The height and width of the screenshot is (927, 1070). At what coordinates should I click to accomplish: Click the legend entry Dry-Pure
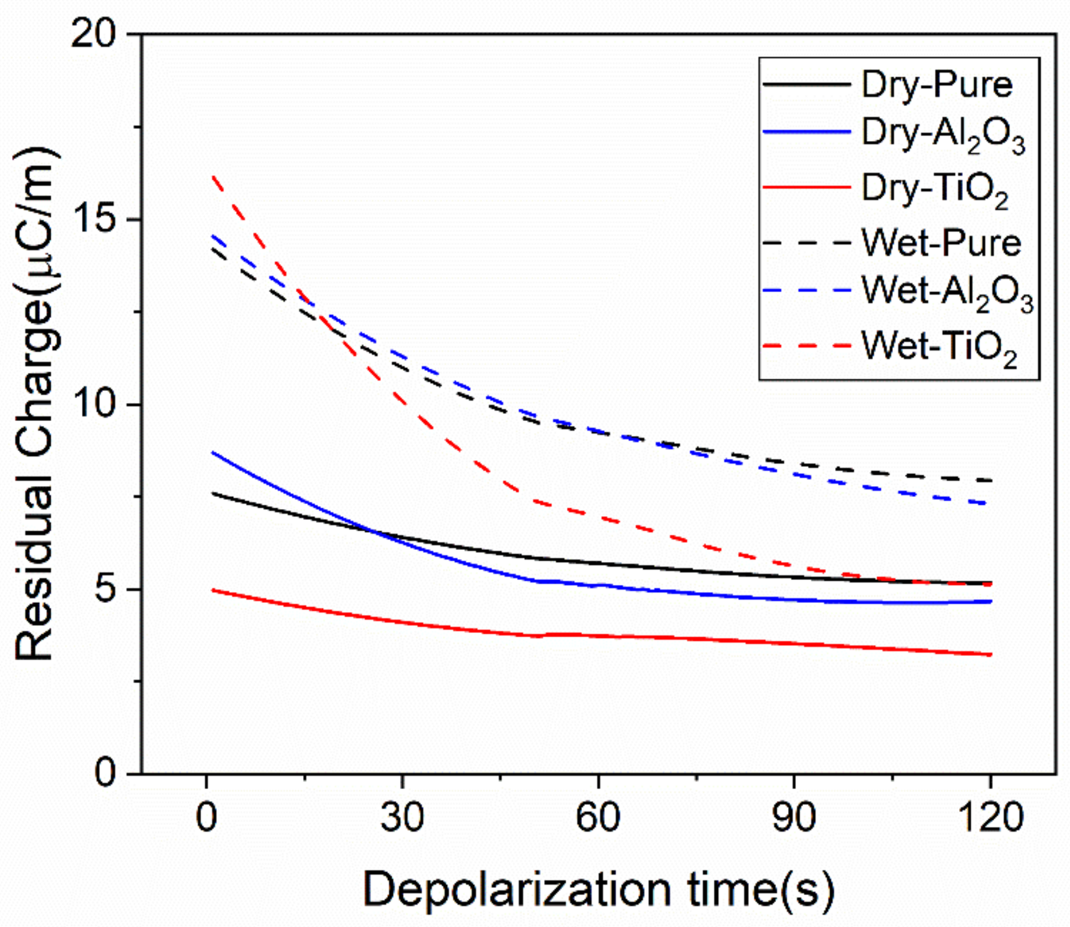coord(936,84)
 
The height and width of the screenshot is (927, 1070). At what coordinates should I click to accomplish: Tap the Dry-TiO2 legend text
coord(934,189)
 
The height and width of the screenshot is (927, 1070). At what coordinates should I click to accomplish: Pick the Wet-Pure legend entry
coord(941,243)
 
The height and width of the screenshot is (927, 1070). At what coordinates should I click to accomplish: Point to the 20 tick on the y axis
coord(93,35)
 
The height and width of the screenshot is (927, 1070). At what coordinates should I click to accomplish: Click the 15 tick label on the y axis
coord(93,220)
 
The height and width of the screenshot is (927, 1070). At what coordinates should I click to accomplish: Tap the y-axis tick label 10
coord(93,404)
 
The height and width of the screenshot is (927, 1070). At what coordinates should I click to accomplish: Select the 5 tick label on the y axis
coord(104,589)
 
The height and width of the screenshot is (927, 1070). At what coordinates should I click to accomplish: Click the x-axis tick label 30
coord(402,818)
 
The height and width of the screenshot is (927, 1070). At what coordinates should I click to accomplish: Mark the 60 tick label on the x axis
coord(598,818)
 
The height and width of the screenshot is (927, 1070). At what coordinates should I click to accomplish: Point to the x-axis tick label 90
coord(794,818)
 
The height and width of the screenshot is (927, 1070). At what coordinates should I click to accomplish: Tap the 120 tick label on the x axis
coord(990,818)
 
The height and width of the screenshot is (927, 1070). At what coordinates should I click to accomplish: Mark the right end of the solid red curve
coord(991,655)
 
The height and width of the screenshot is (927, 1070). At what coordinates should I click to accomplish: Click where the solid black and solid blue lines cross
coord(374,531)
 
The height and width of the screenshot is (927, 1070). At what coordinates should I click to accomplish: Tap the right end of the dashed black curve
coord(991,481)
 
